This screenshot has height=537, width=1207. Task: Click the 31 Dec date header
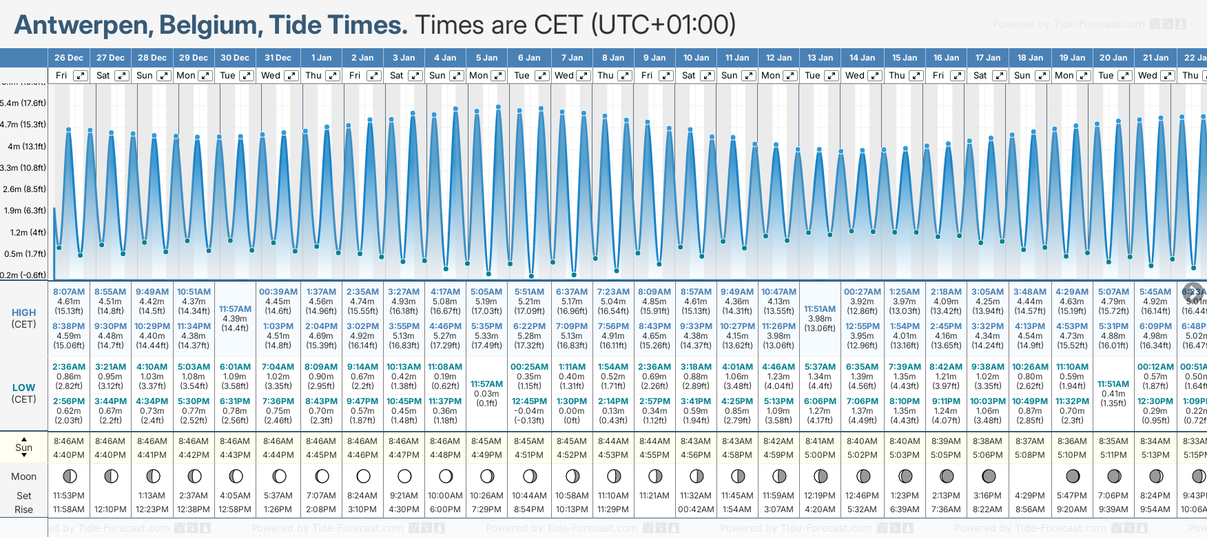point(278,58)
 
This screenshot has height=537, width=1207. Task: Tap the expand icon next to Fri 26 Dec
point(81,76)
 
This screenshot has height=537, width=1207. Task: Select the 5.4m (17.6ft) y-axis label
point(23,103)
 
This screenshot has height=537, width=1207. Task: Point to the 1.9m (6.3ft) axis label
point(23,211)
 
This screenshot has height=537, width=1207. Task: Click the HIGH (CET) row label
point(23,318)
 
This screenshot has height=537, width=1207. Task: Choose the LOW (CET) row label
point(23,393)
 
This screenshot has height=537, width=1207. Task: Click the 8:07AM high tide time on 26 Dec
point(69,292)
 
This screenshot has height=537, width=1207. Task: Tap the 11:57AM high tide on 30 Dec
point(235,309)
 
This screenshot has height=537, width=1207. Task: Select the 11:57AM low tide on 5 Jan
point(486,384)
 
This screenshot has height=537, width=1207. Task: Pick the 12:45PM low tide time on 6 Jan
point(529,401)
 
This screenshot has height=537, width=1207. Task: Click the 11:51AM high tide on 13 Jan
point(820,309)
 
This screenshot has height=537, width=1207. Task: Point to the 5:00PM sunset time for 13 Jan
point(820,455)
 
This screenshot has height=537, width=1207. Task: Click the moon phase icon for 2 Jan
point(363,476)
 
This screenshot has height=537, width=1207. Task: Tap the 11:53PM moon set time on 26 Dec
point(69,496)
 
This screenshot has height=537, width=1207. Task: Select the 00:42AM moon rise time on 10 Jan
point(696,509)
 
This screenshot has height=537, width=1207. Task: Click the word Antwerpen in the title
point(83,25)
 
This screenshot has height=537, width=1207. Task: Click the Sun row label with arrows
point(23,447)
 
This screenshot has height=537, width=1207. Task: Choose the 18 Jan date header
point(1031,58)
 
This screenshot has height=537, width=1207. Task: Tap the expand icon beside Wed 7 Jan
point(584,76)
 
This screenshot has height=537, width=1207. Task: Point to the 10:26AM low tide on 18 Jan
point(1030,367)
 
